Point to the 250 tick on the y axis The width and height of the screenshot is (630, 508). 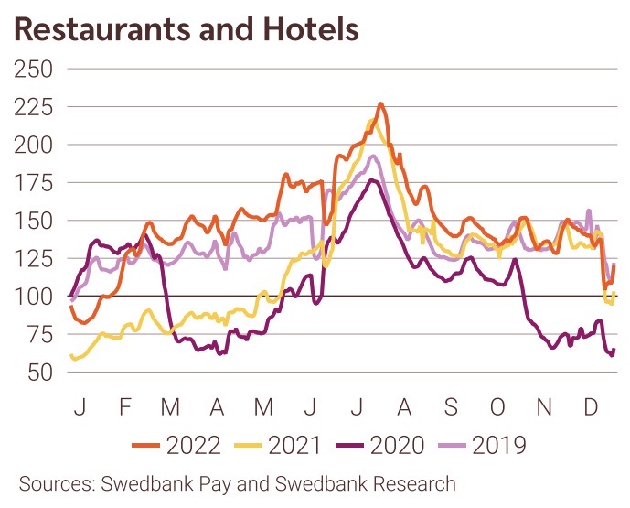click(x=33, y=69)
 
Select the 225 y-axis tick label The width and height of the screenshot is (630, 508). click(x=33, y=107)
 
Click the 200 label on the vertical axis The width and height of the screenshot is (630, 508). click(x=33, y=145)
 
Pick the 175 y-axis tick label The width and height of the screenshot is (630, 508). click(x=33, y=183)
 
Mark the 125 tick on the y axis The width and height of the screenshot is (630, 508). click(x=33, y=259)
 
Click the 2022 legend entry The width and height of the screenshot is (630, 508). click(x=177, y=446)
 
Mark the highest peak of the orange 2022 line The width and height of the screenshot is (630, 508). click(x=380, y=104)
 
